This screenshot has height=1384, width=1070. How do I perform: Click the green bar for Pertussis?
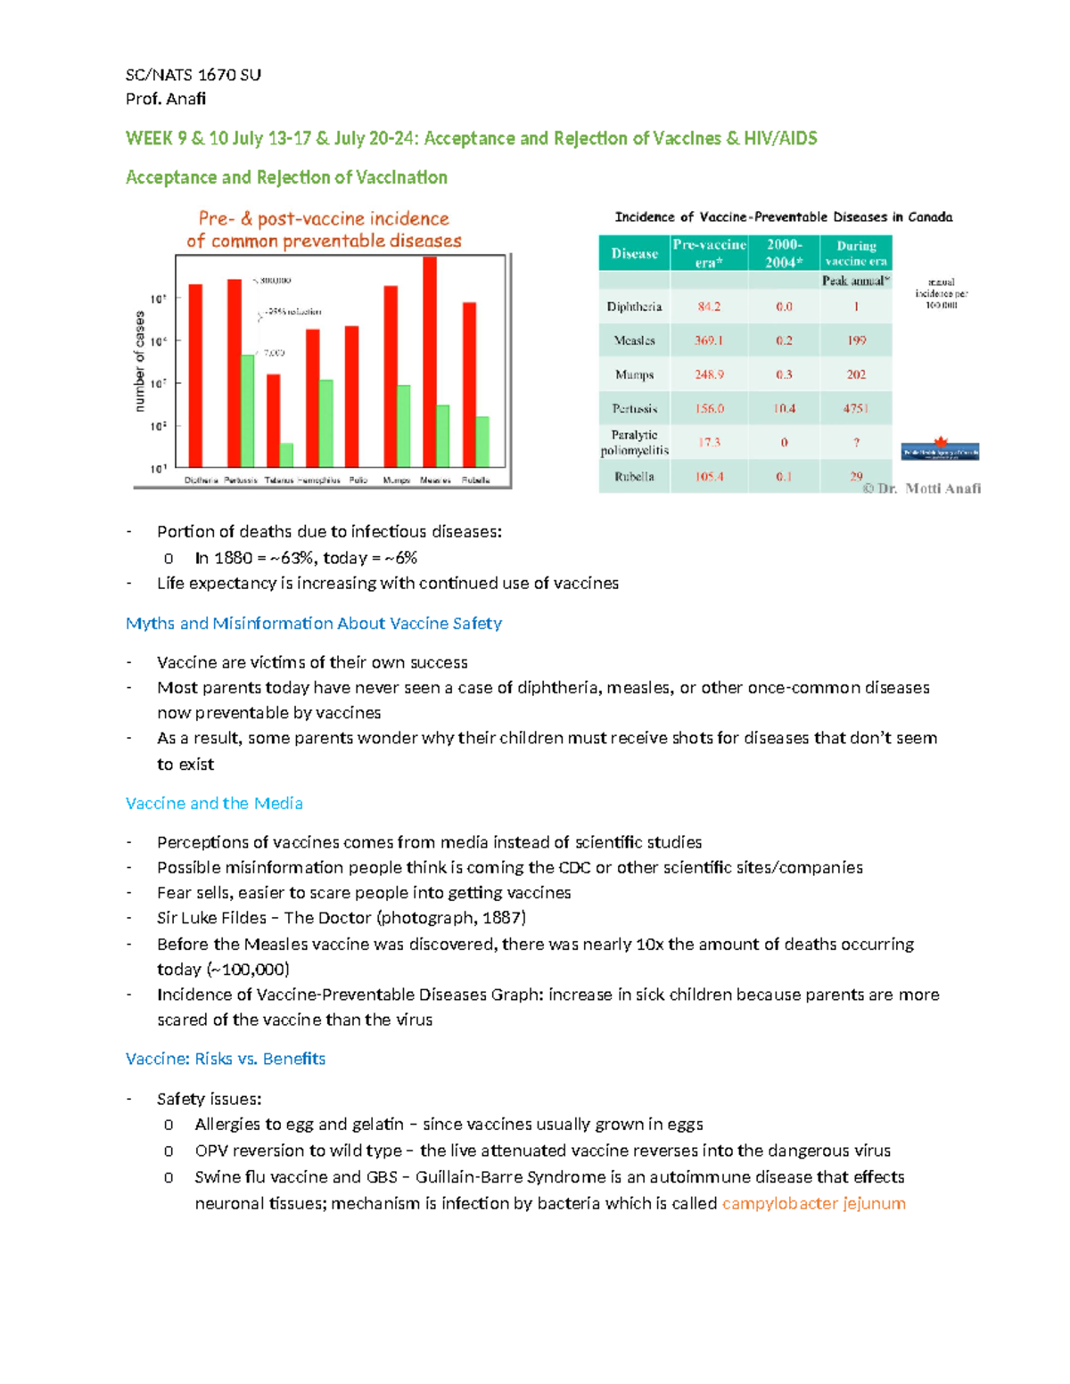pos(247,410)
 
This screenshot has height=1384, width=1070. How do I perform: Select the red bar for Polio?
pos(352,396)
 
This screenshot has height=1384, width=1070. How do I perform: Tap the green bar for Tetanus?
pos(286,455)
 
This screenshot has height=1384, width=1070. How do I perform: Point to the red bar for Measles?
pos(430,361)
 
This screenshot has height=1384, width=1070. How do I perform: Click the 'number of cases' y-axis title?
pos(139,361)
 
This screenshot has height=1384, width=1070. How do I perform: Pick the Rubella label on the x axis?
pos(475,480)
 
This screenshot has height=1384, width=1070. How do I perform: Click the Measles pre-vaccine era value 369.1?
pos(709,340)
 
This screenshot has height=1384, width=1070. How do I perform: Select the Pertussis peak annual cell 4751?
pos(856,408)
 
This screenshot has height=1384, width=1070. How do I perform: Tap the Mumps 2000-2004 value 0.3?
pos(784,374)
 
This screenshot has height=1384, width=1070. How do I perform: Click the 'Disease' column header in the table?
pos(634,254)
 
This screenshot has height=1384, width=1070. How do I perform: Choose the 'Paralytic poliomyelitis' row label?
pos(634,442)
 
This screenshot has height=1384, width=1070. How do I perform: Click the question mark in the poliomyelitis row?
pos(856,442)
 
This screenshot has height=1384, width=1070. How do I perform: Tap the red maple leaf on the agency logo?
pos(940,441)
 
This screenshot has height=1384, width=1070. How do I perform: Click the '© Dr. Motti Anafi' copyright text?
pos(921,488)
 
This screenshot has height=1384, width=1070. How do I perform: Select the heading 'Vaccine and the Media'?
pos(214,803)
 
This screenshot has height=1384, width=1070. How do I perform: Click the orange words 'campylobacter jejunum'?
pos(813,1203)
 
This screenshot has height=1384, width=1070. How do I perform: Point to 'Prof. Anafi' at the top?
pos(166,99)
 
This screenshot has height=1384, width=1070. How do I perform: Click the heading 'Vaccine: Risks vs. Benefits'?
pos(226,1059)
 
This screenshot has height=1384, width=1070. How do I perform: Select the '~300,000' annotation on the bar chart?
pos(274,281)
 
